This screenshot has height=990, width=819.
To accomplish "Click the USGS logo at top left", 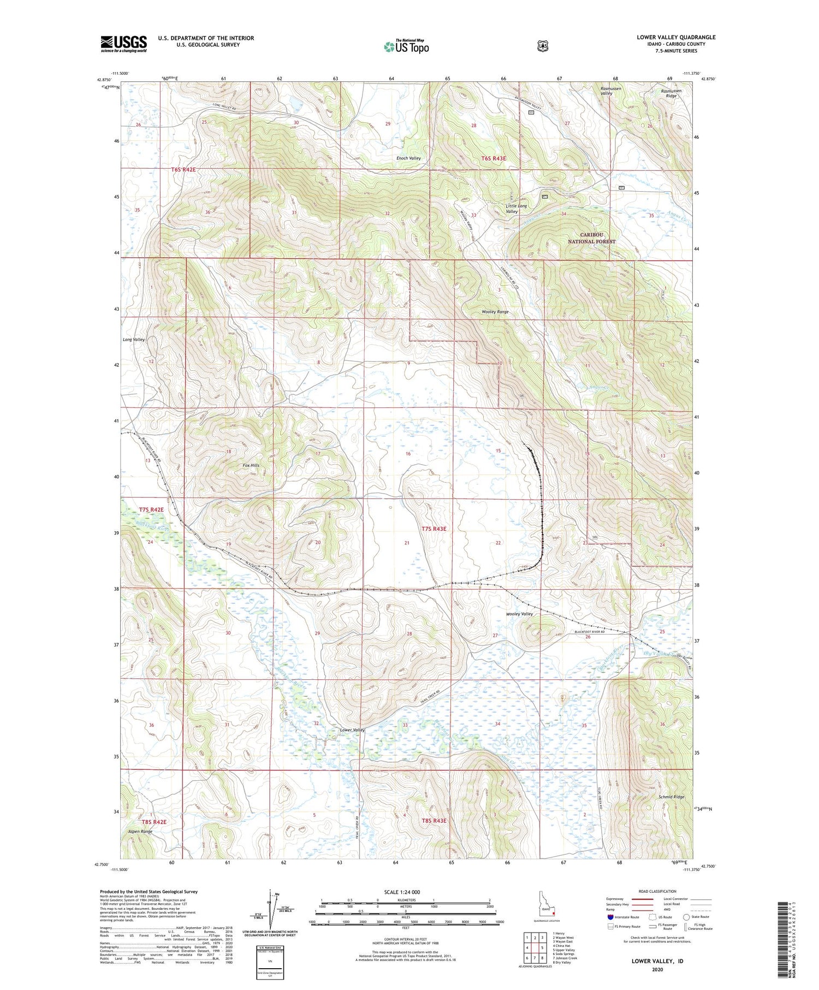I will pos(123,44).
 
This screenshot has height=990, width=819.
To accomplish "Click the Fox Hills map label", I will pos(251,465).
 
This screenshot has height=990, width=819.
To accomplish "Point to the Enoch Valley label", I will pos(408,158).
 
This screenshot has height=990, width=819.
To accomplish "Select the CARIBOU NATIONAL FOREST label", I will pos(591,238).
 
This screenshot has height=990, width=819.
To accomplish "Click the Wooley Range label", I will pos(495,312).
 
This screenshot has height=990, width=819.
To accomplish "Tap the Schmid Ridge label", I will pos(671,797).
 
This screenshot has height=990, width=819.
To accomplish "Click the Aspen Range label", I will pos(140,831).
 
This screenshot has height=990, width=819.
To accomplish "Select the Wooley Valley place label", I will pos(519,614).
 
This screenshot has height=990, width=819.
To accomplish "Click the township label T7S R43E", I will pos(434,529).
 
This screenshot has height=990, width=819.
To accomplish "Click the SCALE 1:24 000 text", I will pos(402,892).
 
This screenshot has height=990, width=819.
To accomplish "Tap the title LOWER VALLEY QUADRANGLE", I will pos(676,37).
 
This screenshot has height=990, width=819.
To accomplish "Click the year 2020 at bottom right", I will pos(657,969).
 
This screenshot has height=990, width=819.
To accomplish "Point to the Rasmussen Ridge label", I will pos(671,93).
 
